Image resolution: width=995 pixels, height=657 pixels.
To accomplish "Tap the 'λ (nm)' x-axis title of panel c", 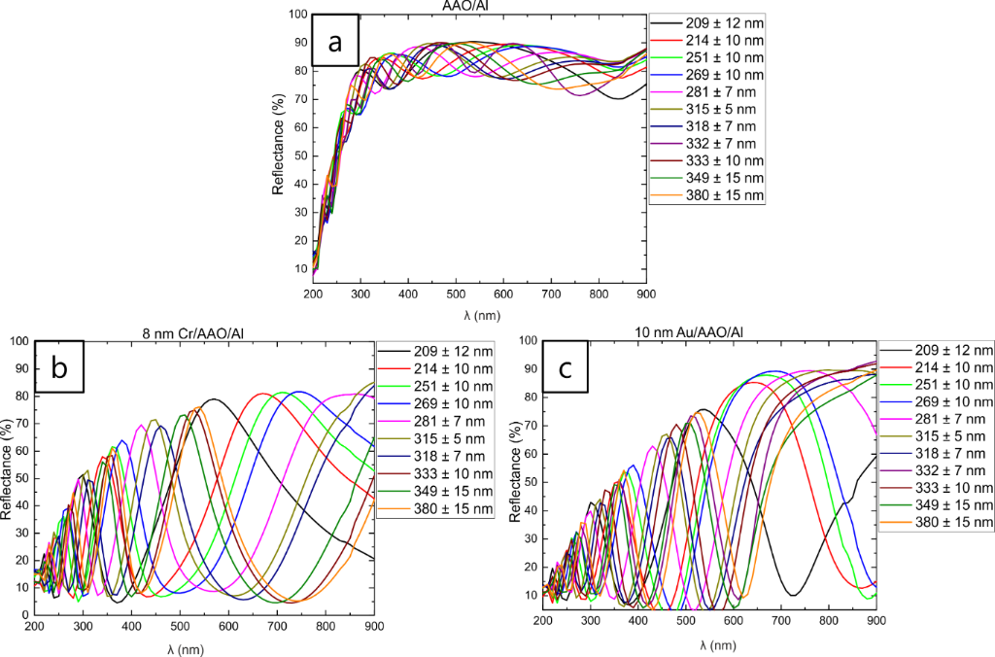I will click(709, 646).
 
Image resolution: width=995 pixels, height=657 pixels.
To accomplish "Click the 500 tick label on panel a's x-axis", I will click(456, 293).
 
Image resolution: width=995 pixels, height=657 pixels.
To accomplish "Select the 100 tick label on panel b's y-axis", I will click(17, 340).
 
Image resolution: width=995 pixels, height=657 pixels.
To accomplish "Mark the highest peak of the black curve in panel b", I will click(213, 399).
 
